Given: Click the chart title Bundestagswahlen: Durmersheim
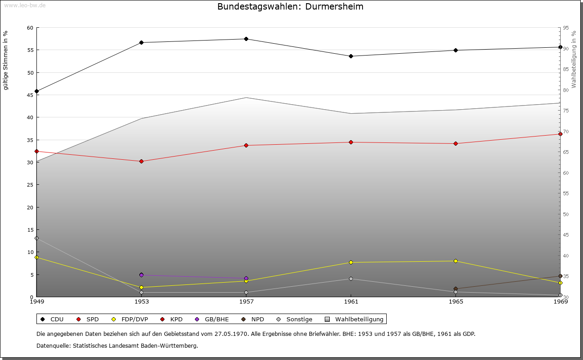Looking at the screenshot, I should [290, 7].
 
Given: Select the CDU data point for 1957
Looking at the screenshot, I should [246, 39].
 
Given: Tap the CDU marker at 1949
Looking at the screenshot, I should [37, 91].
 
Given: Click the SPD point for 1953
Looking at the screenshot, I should [141, 162].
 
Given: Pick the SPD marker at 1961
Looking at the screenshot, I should [351, 142].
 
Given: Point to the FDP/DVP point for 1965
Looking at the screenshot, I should [455, 261].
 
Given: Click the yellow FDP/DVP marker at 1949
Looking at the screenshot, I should [37, 258].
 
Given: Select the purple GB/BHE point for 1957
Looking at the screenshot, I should [246, 279].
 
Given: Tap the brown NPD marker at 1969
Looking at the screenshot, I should [560, 276].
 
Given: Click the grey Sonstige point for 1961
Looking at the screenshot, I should [351, 279].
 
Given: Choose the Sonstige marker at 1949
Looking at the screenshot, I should [37, 238].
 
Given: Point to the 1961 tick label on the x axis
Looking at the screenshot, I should [351, 302].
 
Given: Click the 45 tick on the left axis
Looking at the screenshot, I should [30, 95].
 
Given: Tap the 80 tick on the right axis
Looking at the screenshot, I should [566, 90].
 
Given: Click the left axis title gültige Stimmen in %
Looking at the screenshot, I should [6, 61].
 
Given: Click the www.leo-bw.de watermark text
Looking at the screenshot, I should [25, 5].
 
